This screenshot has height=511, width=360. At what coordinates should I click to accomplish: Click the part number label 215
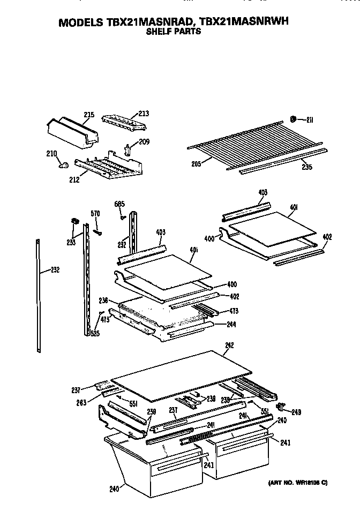pyautogui.click(x=89, y=115)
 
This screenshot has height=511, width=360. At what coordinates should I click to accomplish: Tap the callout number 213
pyautogui.click(x=143, y=114)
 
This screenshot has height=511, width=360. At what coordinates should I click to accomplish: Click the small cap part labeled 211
pyautogui.click(x=293, y=118)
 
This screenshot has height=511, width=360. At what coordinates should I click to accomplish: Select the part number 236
pyautogui.click(x=103, y=301)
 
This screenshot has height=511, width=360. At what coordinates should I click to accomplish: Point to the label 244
pyautogui.click(x=231, y=324)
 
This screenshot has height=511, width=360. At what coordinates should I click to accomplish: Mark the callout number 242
pyautogui.click(x=229, y=345)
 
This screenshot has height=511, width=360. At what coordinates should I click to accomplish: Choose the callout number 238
pyautogui.click(x=211, y=398)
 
